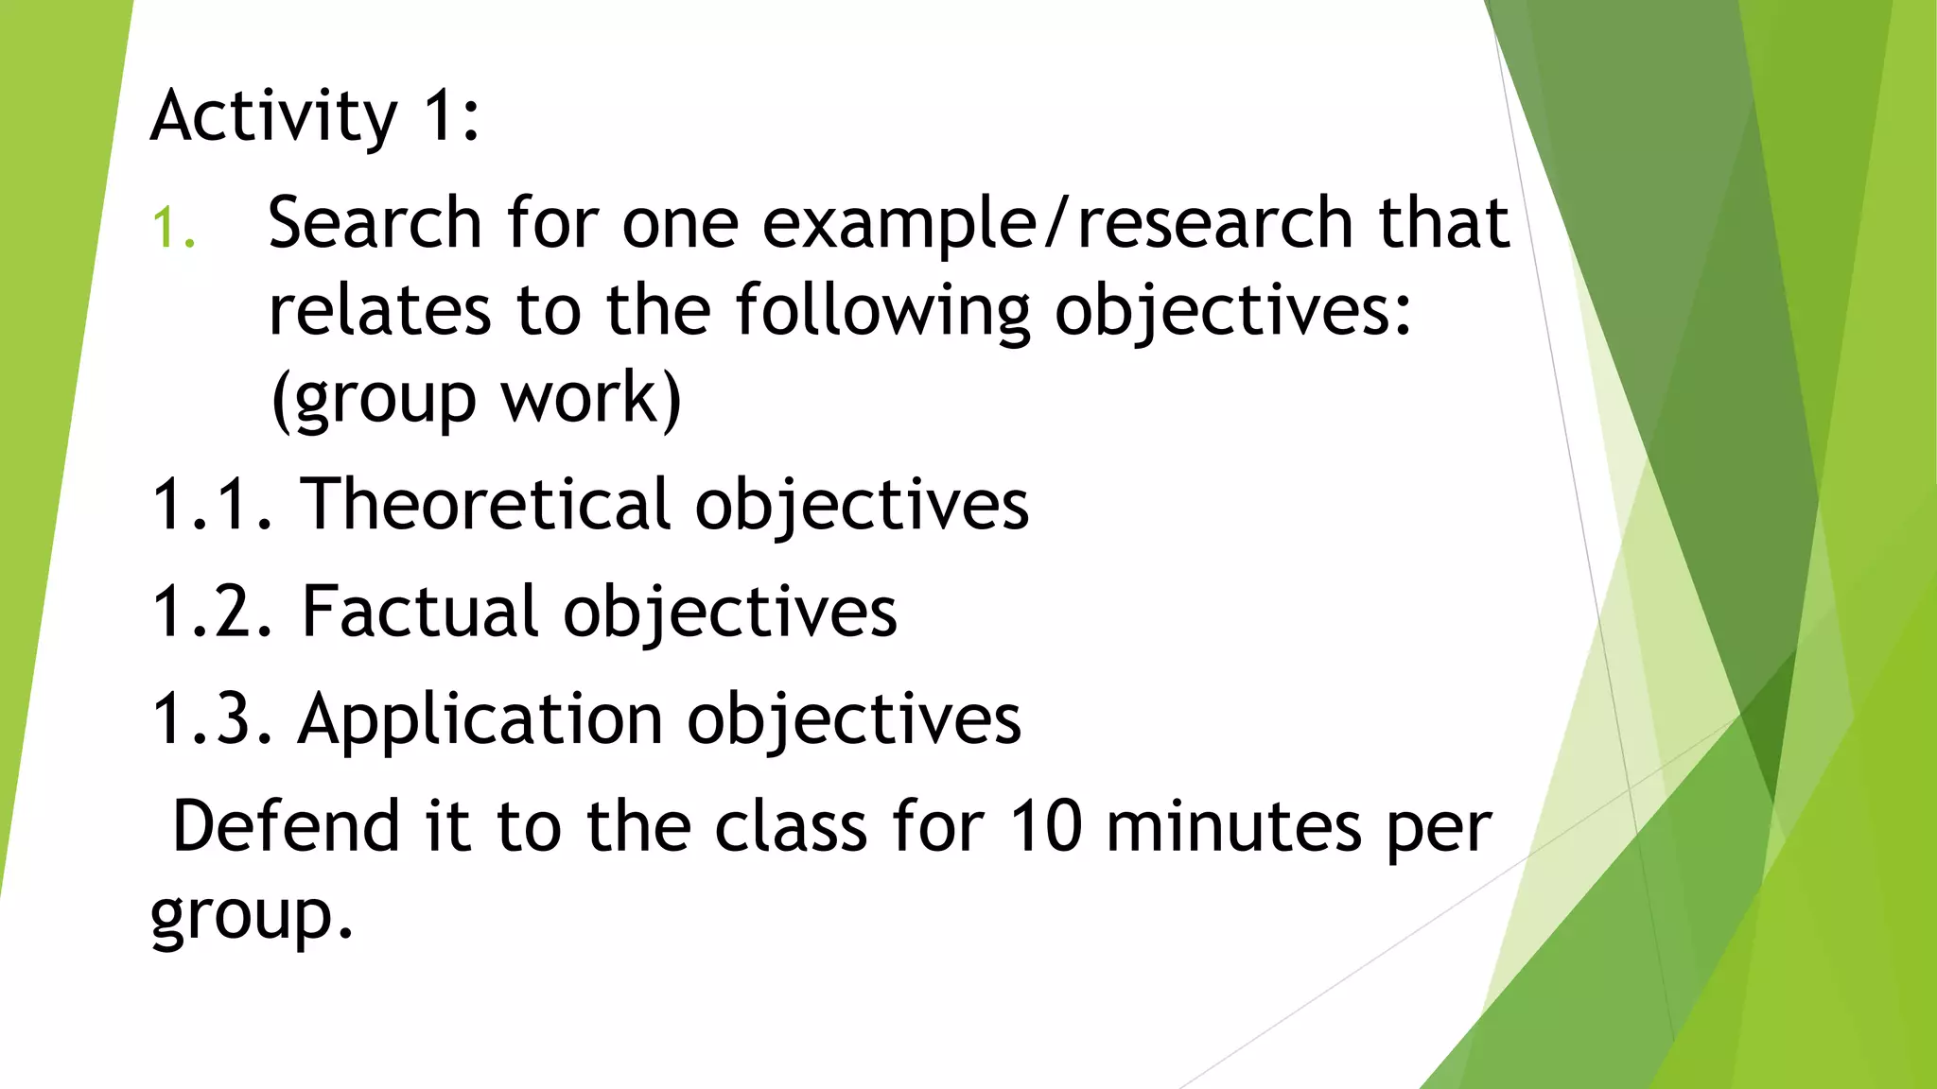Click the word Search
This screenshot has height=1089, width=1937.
[375, 223]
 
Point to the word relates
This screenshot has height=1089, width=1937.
[379, 311]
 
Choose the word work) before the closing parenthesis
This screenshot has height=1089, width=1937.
[590, 398]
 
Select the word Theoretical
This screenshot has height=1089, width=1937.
[485, 504]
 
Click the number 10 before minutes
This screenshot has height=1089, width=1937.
[1045, 826]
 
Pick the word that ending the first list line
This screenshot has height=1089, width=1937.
[1443, 223]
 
